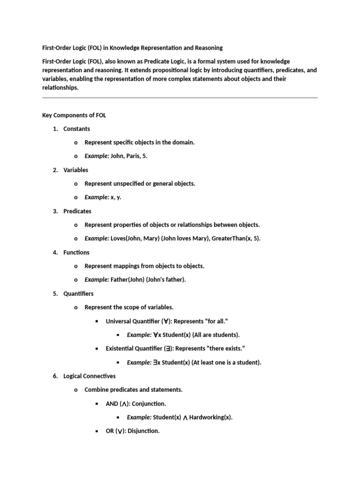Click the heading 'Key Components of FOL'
coord(74,115)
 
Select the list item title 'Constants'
coord(77,129)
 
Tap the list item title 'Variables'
coord(76,170)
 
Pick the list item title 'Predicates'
coord(77,211)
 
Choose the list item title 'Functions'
coord(76,253)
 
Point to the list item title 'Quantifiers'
coord(78,294)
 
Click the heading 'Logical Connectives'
coord(90,376)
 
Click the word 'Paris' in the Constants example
coord(135,156)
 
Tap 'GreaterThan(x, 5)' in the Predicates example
coord(235,239)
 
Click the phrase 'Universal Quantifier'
coord(132,322)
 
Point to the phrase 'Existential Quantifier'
coord(134,349)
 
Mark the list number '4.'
coord(55,253)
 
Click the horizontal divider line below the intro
coord(180,98)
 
